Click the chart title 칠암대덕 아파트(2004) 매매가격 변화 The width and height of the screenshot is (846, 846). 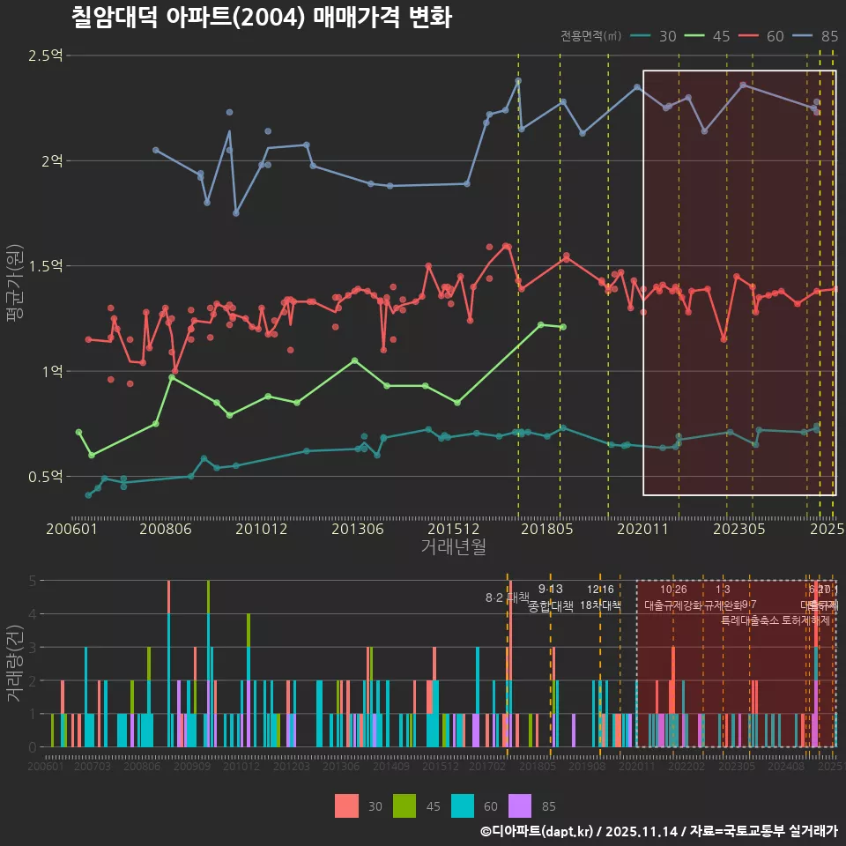click(x=261, y=18)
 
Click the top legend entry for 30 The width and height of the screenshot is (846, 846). click(x=656, y=36)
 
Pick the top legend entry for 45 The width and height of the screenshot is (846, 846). click(x=709, y=36)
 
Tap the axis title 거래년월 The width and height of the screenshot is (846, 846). click(x=453, y=547)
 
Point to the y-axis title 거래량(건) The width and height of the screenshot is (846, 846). click(x=15, y=664)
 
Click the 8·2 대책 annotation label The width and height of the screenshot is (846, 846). click(x=507, y=597)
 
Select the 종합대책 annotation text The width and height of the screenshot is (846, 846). click(x=551, y=606)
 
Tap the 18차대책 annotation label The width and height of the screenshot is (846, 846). click(x=600, y=605)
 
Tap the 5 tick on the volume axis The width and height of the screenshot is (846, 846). click(x=33, y=581)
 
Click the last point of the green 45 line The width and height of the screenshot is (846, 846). click(x=563, y=327)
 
